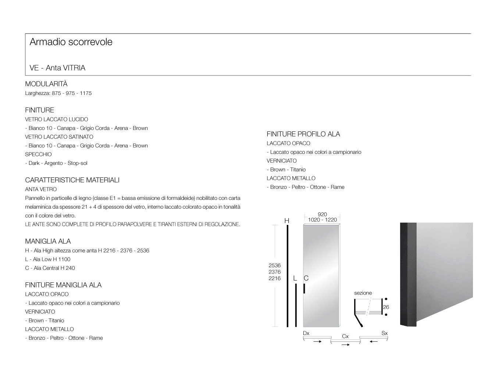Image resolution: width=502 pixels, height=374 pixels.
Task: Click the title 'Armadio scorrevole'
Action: [71, 42]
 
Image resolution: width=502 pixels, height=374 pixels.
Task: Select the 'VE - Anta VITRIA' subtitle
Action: [57, 68]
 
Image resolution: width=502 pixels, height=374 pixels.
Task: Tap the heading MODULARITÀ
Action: [46, 84]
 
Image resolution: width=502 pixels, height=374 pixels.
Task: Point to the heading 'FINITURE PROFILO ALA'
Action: [303, 134]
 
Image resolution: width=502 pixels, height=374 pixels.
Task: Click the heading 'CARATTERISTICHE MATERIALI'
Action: [72, 180]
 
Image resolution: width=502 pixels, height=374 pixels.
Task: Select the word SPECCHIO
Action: [38, 154]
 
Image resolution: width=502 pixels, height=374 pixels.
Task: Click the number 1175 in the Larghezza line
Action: [86, 93]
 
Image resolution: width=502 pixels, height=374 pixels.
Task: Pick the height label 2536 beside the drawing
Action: [274, 265]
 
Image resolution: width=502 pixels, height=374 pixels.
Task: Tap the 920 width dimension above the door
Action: [322, 214]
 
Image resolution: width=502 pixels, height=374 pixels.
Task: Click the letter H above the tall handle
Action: [287, 221]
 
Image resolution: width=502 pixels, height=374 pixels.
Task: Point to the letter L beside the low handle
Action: [295, 278]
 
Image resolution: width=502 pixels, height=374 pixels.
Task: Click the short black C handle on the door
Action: [305, 288]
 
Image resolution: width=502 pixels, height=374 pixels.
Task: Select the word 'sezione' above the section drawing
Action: [363, 293]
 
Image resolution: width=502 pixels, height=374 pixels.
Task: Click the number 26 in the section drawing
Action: [386, 307]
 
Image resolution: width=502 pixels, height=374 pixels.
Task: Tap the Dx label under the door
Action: [306, 333]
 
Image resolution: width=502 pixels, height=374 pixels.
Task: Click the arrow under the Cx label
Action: [345, 345]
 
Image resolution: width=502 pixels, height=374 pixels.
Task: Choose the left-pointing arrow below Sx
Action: [374, 342]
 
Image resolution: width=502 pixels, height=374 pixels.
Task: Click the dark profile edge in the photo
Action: [408, 274]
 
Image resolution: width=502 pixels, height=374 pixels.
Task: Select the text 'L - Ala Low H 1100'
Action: [48, 259]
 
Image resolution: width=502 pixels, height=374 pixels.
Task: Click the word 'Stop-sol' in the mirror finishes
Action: [77, 163]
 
